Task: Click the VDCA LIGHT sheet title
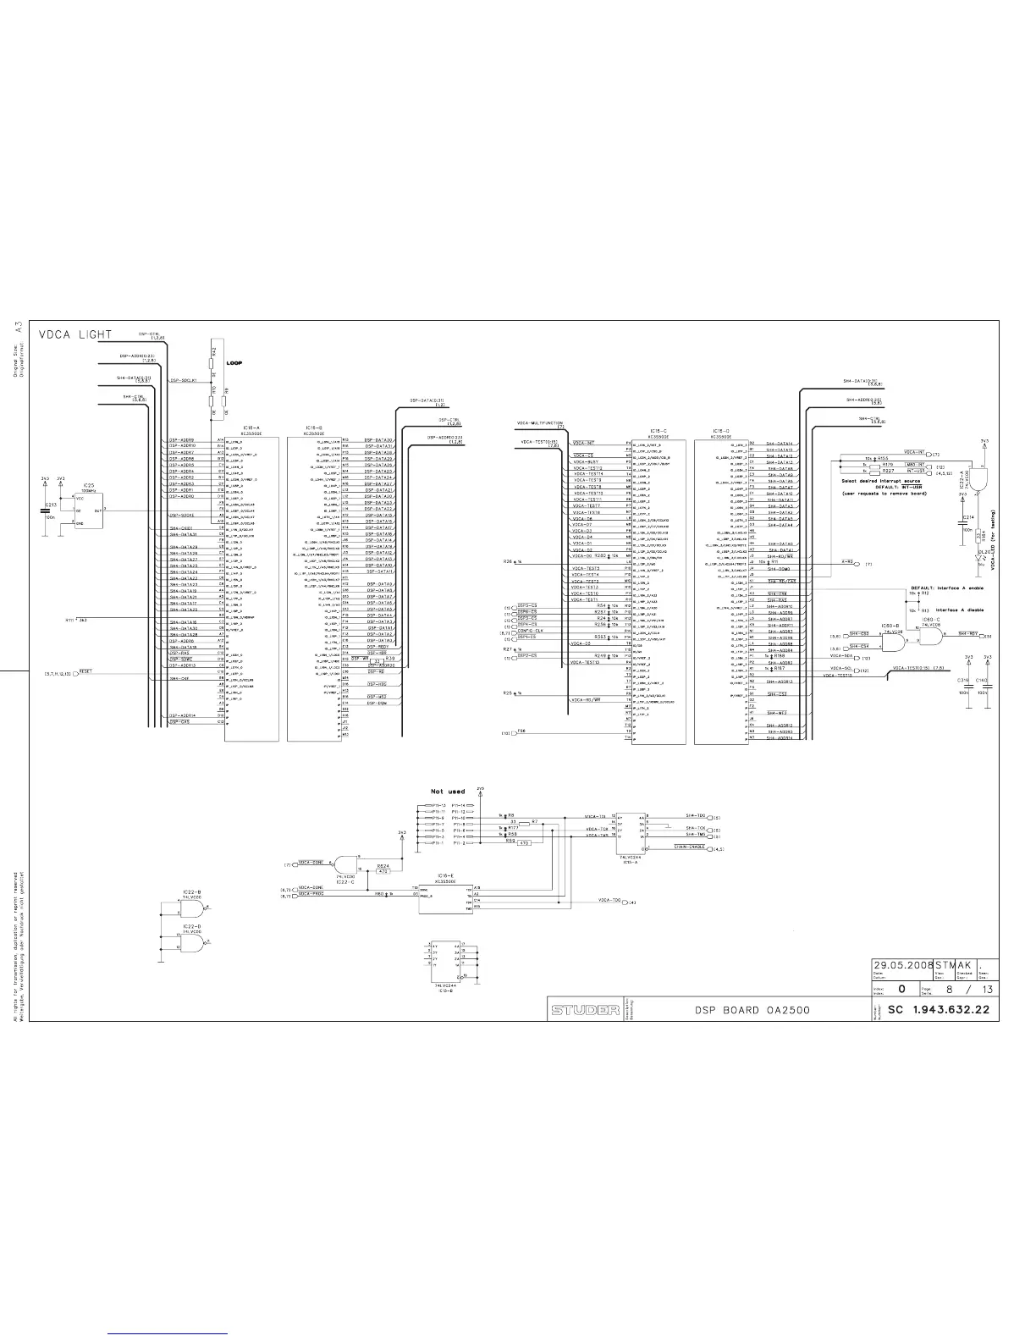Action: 75,334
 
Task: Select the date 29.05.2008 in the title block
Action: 902,964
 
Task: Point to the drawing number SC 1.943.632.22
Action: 938,1010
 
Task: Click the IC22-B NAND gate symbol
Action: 194,908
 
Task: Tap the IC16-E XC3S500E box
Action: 446,898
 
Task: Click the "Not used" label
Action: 448,792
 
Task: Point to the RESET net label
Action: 85,671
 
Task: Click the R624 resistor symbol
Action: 383,869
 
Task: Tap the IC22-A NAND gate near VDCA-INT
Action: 981,478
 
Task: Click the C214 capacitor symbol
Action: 962,522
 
